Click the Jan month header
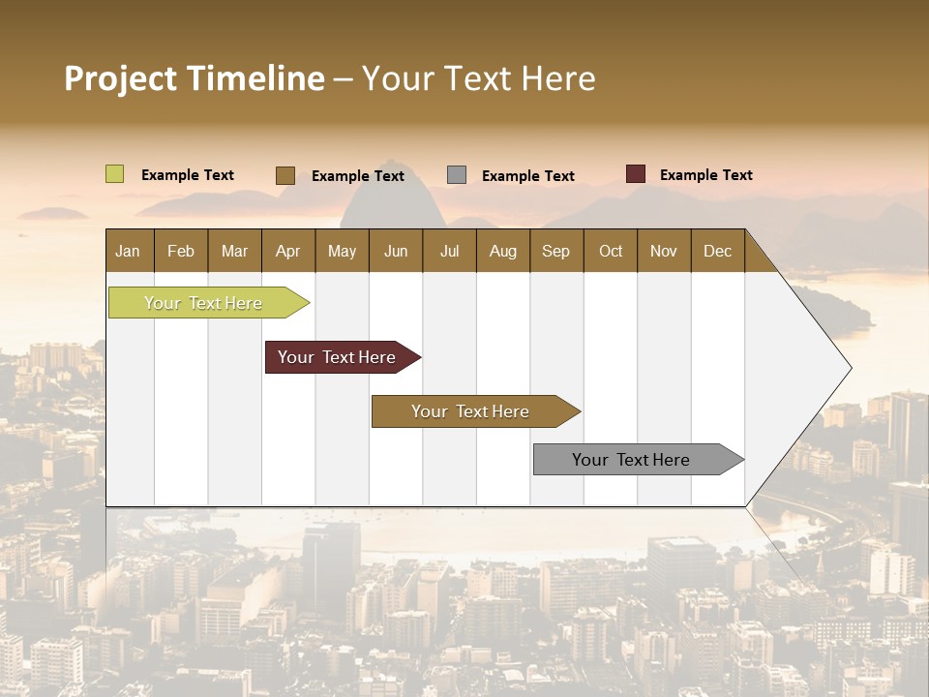point(129,251)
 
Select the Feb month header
point(181,251)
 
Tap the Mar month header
point(234,251)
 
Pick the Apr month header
point(288,251)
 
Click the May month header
point(342,251)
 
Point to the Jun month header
point(396,251)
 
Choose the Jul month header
point(449,251)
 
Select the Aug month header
point(503,251)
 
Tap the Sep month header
point(556,251)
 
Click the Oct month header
point(611,251)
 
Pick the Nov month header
point(664,251)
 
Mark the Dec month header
point(718,251)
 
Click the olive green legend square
point(115,174)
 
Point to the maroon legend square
point(636,174)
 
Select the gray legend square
point(457,174)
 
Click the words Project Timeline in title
point(195,78)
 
